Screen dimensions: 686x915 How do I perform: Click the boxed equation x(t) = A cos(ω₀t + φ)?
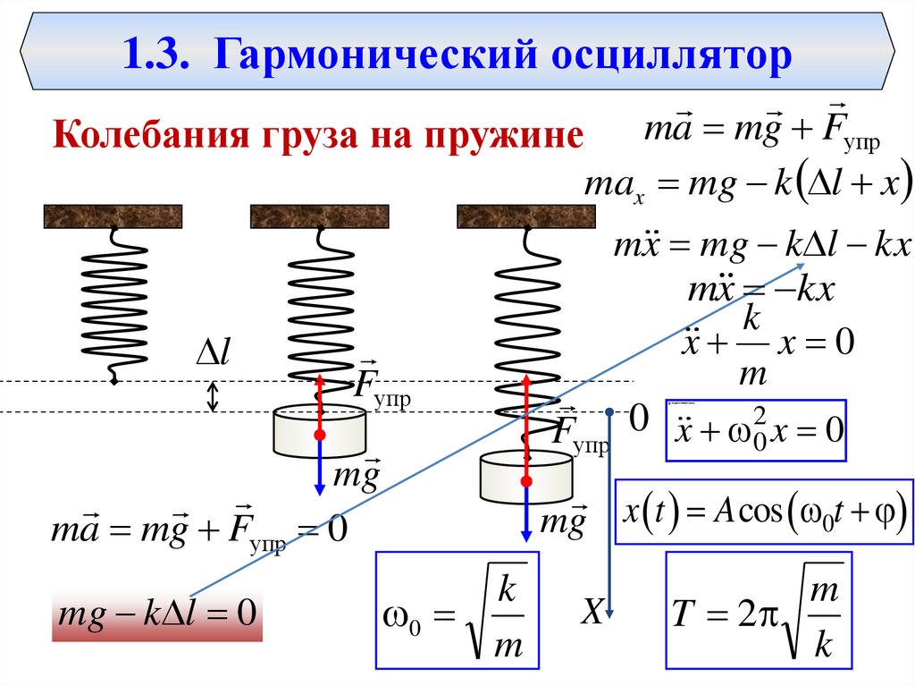pos(765,517)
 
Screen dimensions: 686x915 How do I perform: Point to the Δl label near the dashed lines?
pos(214,352)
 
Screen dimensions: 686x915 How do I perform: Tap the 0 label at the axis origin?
pos(638,417)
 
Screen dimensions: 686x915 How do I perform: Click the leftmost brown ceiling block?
pos(113,216)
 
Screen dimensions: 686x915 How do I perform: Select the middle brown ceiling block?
pos(319,216)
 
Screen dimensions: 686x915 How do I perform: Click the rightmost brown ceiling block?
pos(525,216)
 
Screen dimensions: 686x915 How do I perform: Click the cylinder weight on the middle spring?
pos(319,431)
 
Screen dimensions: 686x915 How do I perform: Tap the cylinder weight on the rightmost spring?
pos(525,477)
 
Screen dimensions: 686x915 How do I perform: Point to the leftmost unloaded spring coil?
pos(114,304)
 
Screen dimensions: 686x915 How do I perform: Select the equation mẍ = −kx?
pos(760,291)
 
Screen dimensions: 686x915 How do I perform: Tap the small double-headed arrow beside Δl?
pos(213,397)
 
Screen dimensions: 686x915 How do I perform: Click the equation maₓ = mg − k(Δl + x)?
pos(747,186)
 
